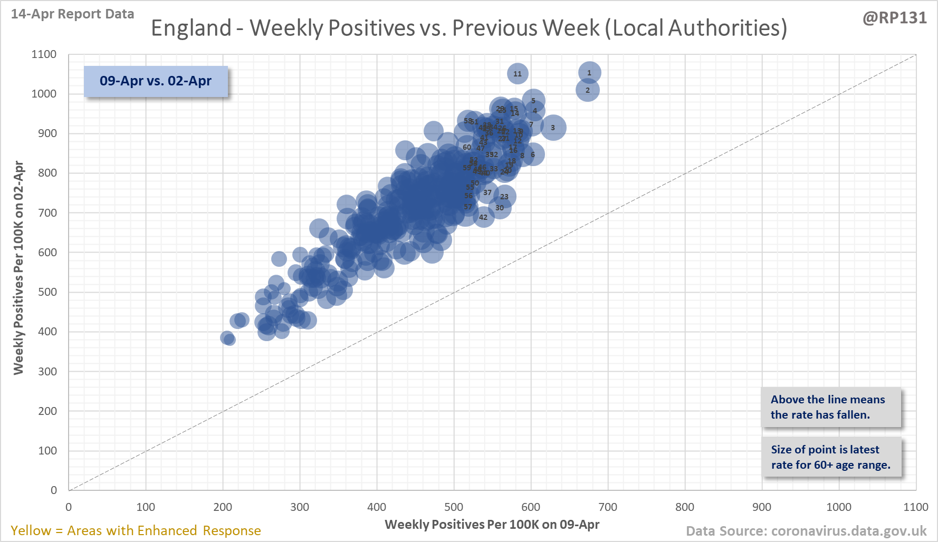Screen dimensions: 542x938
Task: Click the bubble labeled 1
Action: tap(589, 73)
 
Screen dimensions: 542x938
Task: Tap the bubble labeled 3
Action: tap(553, 128)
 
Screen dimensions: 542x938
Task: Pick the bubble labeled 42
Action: tap(483, 217)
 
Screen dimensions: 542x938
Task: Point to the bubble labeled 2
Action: tap(587, 90)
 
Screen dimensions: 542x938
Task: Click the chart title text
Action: tap(468, 28)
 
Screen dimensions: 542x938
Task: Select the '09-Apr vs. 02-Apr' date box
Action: tap(156, 81)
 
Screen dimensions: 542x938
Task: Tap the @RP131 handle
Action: tap(894, 18)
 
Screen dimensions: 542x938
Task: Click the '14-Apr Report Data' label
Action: tap(73, 14)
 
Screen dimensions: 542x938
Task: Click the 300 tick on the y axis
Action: tap(47, 371)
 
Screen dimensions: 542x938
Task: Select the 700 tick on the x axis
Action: tap(608, 507)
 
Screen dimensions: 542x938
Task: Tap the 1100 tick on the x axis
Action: tap(915, 507)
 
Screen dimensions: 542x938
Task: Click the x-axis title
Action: tap(492, 525)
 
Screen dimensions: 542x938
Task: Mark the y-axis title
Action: tap(18, 268)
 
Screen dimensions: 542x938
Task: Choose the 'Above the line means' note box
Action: tap(830, 407)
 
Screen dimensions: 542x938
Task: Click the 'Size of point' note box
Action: tap(830, 457)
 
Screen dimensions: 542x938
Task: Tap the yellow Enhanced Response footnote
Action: tap(136, 530)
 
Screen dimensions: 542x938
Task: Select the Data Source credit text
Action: tap(806, 531)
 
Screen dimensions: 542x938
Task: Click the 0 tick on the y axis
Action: tap(54, 490)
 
